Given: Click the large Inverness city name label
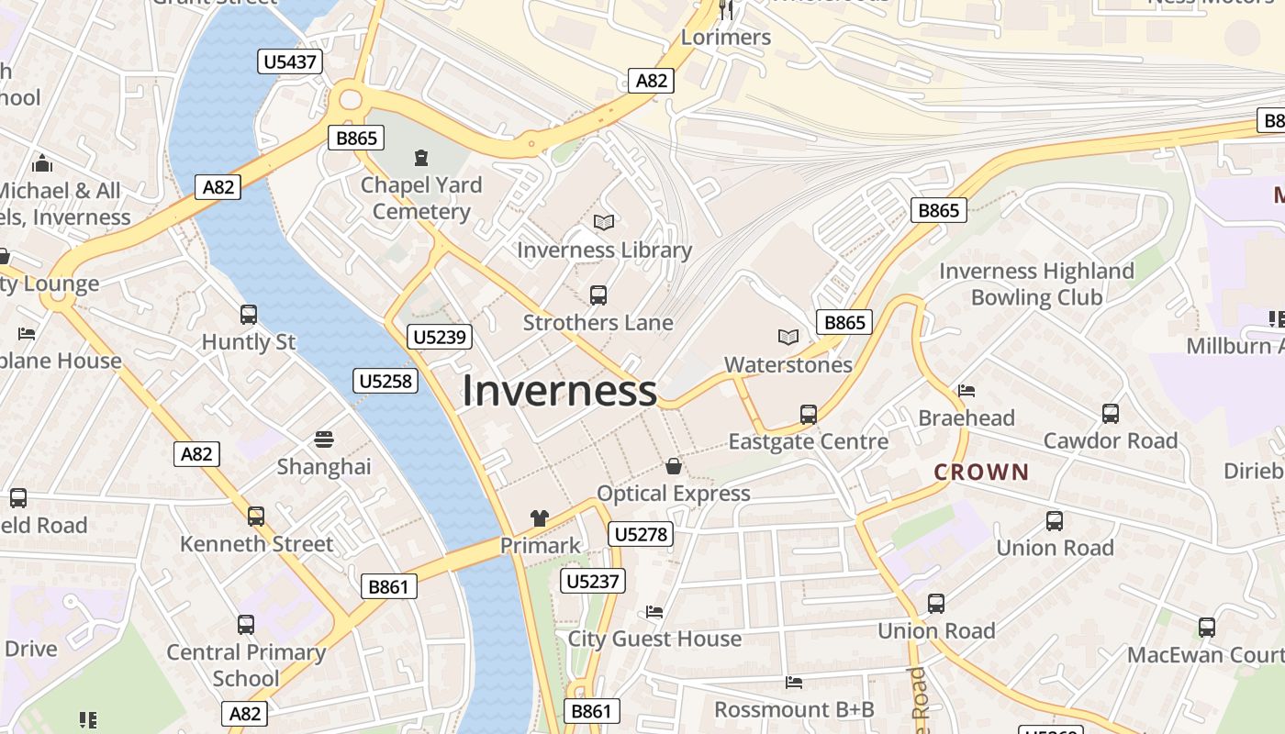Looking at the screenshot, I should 559,391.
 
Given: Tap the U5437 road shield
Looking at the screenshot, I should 289,62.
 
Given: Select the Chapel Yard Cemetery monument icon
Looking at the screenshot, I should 421,158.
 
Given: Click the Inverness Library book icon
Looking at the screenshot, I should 603,222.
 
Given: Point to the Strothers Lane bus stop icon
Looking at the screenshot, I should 598,295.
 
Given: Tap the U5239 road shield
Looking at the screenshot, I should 441,337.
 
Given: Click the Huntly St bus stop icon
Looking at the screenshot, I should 249,315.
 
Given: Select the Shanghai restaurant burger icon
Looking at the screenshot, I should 324,439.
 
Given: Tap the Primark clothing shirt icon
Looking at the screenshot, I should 539,518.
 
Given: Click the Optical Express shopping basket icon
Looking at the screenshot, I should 674,466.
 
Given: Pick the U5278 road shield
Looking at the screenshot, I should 641,534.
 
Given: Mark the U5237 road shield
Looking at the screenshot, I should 595,581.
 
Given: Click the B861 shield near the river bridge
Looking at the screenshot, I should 388,586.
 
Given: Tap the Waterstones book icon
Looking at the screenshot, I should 788,338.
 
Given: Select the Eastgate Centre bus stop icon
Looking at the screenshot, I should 809,415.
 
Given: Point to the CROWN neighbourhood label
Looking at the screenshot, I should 981,473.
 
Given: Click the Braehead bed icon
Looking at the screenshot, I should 967,391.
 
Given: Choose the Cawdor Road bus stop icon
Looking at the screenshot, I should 1111,414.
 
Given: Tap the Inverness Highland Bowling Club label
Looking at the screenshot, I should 1036,284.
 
